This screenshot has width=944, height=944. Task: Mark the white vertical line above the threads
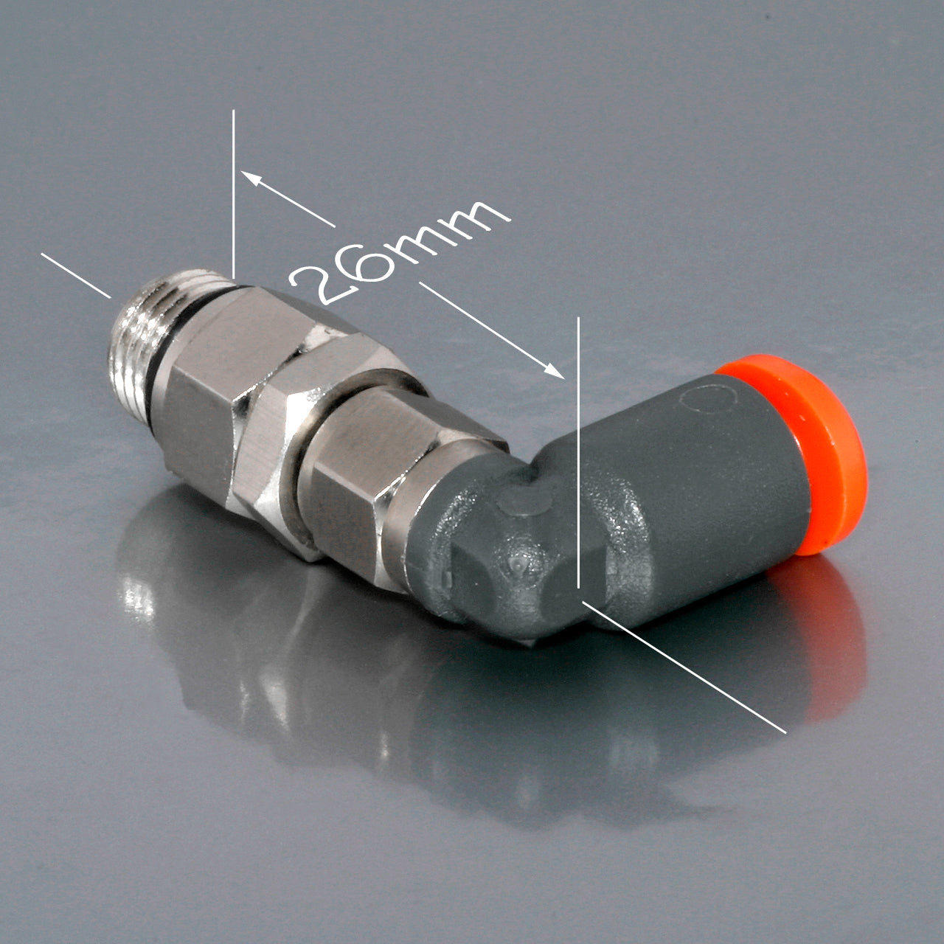(x=233, y=192)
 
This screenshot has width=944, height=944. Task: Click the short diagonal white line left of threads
(x=76, y=275)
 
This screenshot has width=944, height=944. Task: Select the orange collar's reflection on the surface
(x=833, y=649)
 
